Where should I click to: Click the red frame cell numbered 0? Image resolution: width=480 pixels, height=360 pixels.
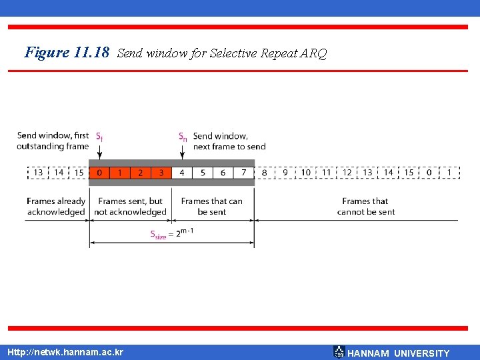(x=99, y=173)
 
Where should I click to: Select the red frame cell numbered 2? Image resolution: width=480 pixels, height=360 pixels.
(x=140, y=173)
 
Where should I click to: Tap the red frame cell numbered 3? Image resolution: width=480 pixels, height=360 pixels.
(x=161, y=173)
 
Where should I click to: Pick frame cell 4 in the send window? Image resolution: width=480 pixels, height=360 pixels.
(x=181, y=173)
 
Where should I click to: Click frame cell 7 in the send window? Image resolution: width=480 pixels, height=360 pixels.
(x=244, y=173)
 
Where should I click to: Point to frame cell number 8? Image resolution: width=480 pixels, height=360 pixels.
(x=265, y=173)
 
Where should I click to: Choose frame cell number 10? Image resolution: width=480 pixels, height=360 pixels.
(x=305, y=173)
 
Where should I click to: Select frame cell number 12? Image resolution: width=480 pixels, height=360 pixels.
(x=347, y=173)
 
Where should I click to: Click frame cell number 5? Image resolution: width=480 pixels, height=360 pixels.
(x=203, y=173)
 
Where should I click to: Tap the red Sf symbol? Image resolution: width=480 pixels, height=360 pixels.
(x=99, y=136)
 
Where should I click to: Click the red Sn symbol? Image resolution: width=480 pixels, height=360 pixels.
(x=182, y=136)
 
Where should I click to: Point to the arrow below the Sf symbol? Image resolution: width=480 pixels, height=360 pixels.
(x=99, y=152)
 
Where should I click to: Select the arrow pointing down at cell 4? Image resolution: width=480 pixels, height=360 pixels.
(x=182, y=152)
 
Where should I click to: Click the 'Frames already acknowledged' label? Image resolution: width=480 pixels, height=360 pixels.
(x=57, y=207)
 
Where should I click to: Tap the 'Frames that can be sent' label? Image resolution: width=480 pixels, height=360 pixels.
(x=212, y=207)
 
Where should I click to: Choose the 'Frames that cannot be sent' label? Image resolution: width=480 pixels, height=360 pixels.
(x=366, y=207)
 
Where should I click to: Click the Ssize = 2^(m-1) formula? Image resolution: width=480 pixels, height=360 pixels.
(x=172, y=233)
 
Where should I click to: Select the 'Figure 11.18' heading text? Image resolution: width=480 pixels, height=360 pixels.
(x=67, y=52)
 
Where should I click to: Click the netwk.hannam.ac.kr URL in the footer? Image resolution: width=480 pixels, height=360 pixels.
(x=65, y=352)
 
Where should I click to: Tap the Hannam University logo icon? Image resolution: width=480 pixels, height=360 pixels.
(x=339, y=352)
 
